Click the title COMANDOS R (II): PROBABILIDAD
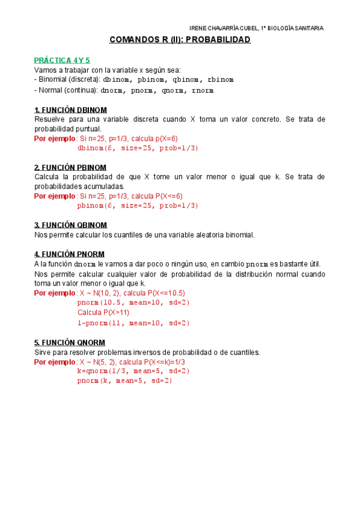pos(180,40)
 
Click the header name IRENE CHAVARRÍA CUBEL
pos(224,28)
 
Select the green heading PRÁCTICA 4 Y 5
pos(62,60)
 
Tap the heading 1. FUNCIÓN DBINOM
pos(71,110)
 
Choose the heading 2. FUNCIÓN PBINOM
pos(70,167)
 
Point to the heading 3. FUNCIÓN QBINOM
pos(70,225)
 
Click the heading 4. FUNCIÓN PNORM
pos(69,254)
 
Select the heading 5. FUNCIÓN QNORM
pos(69,342)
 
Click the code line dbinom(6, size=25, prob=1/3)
pos(138,148)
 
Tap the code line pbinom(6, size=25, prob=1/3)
pos(138,206)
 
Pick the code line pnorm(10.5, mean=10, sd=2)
pos(133,303)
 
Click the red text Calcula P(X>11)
pos(103,313)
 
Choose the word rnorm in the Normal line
pos(203,91)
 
